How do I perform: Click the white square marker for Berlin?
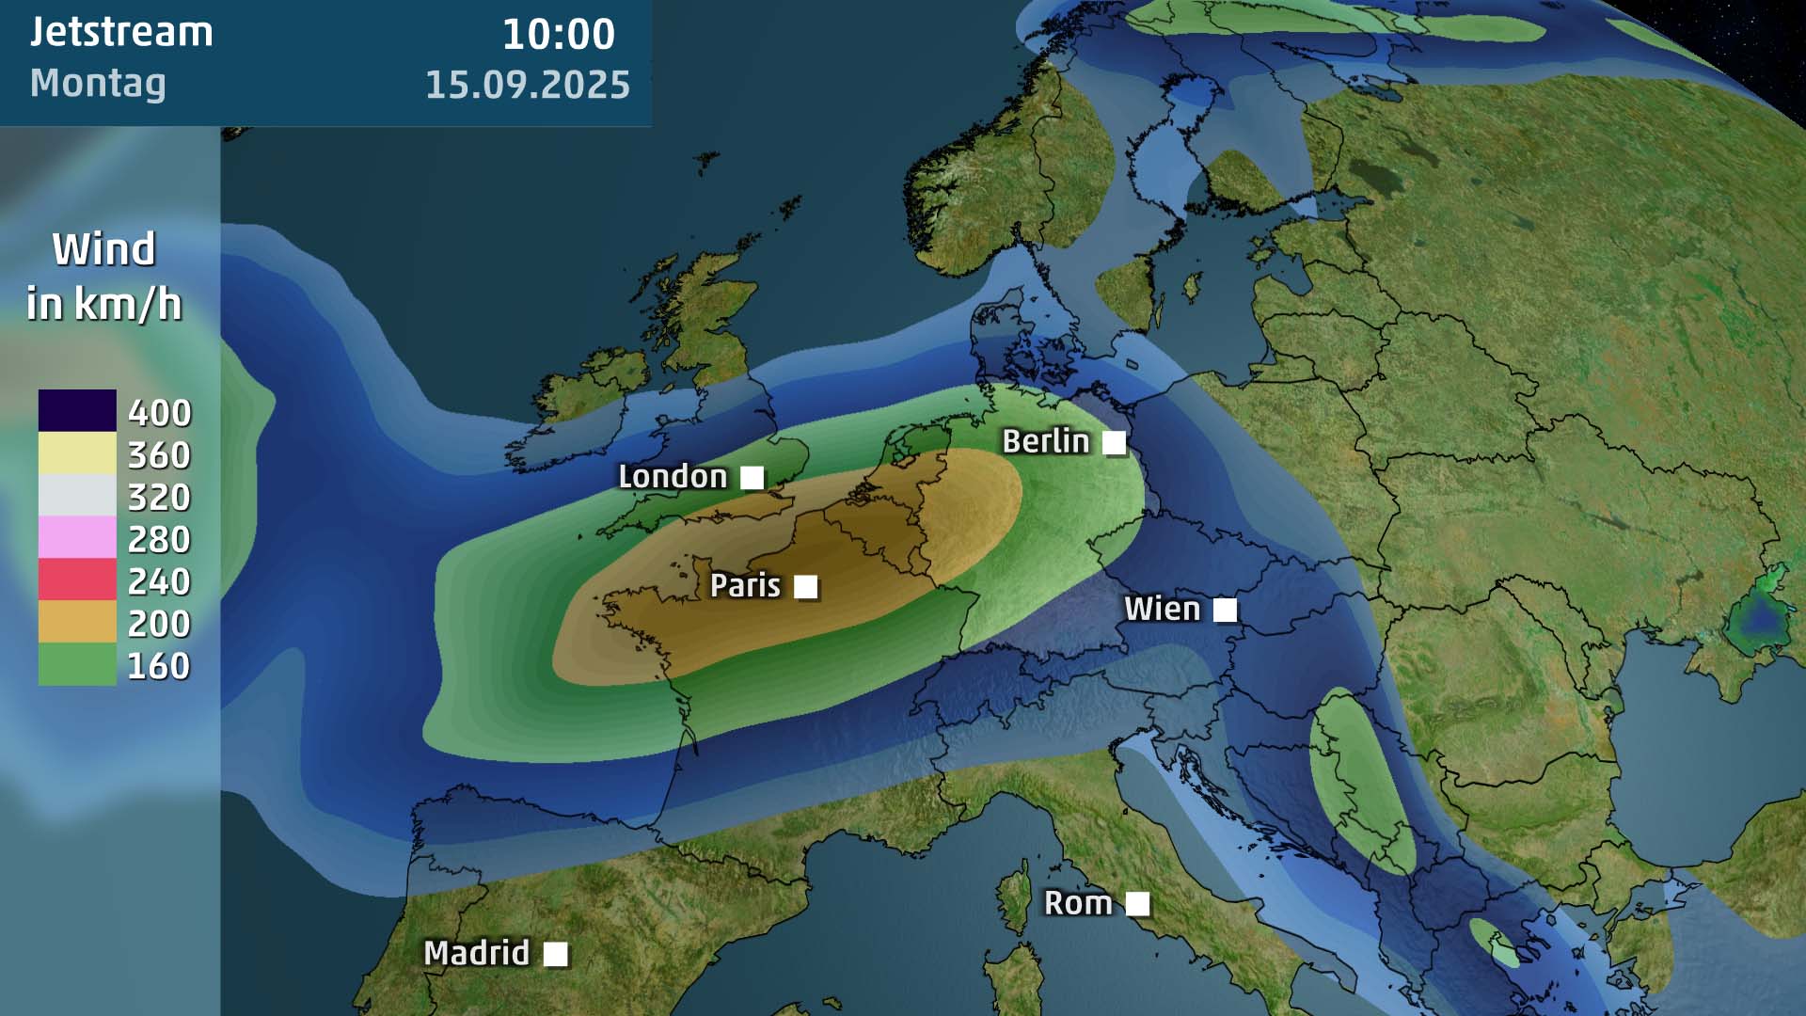[1114, 443]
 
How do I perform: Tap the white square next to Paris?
[805, 587]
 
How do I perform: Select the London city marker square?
[752, 478]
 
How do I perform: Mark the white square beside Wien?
[1225, 611]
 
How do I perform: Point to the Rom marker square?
[1137, 904]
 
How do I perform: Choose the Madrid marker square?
[556, 954]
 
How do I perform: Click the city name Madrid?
[476, 953]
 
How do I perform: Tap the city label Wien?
[1162, 610]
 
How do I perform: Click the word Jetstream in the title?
[121, 32]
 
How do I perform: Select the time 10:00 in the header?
[558, 35]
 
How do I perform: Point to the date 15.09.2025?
[528, 85]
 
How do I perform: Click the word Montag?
[98, 83]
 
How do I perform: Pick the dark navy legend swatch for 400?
[77, 411]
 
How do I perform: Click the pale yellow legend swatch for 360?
[77, 453]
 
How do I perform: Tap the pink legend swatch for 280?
[77, 538]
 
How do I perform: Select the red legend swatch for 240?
[77, 579]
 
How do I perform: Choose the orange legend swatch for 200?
[77, 622]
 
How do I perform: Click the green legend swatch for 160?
[77, 664]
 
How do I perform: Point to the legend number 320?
[159, 497]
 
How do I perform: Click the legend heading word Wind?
[103, 249]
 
